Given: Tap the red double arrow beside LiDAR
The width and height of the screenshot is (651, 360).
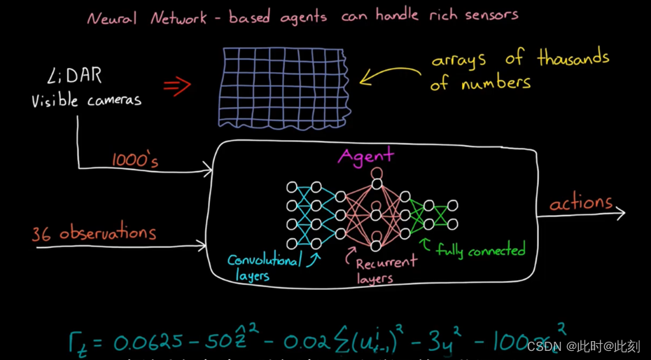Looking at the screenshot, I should point(176,85).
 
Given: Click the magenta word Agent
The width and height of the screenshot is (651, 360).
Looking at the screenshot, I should point(365,155).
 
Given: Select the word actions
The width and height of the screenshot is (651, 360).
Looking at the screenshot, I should point(580,203).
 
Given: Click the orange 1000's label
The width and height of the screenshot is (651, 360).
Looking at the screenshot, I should point(135,160).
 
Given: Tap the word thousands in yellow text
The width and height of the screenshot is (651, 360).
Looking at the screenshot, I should point(573,59).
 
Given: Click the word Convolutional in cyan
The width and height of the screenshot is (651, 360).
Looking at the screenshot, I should point(264,261).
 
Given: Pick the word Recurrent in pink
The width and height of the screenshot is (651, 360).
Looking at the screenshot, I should point(386,263).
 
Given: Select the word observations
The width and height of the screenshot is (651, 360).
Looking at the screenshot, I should point(107,234).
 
